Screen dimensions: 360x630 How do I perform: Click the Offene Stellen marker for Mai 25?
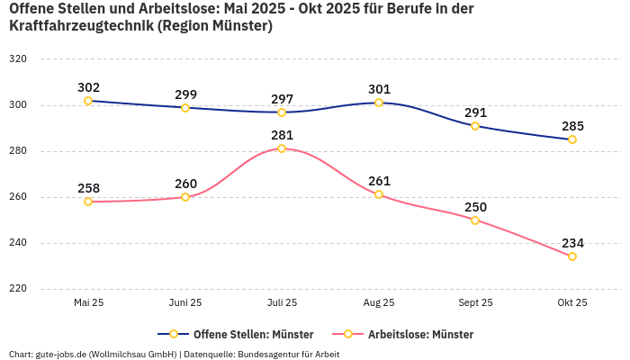pyautogui.click(x=88, y=101)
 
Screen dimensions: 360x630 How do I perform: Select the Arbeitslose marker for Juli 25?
pyautogui.click(x=282, y=148)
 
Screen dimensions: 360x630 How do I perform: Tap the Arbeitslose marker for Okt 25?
pyautogui.click(x=572, y=256)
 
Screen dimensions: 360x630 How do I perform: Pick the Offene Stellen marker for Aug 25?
pyautogui.click(x=379, y=103)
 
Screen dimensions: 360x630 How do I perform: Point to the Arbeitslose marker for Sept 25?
pyautogui.click(x=475, y=220)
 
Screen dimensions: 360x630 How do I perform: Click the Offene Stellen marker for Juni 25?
pyautogui.click(x=185, y=108)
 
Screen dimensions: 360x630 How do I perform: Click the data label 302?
pyautogui.click(x=88, y=87)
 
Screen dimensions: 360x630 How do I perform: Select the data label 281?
pyautogui.click(x=282, y=135)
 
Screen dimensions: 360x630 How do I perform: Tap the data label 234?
pyautogui.click(x=572, y=243)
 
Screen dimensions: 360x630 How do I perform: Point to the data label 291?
pyautogui.click(x=475, y=112)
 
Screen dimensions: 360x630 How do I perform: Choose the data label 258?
pyautogui.click(x=88, y=188)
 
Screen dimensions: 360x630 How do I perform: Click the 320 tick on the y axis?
pyautogui.click(x=17, y=58)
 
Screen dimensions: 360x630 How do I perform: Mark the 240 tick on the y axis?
pyautogui.click(x=17, y=243)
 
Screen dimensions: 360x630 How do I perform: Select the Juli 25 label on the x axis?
pyautogui.click(x=282, y=302)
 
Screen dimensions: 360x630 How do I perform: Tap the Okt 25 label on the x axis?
pyautogui.click(x=572, y=302)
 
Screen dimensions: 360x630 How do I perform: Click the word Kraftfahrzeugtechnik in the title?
pyautogui.click(x=80, y=26)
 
